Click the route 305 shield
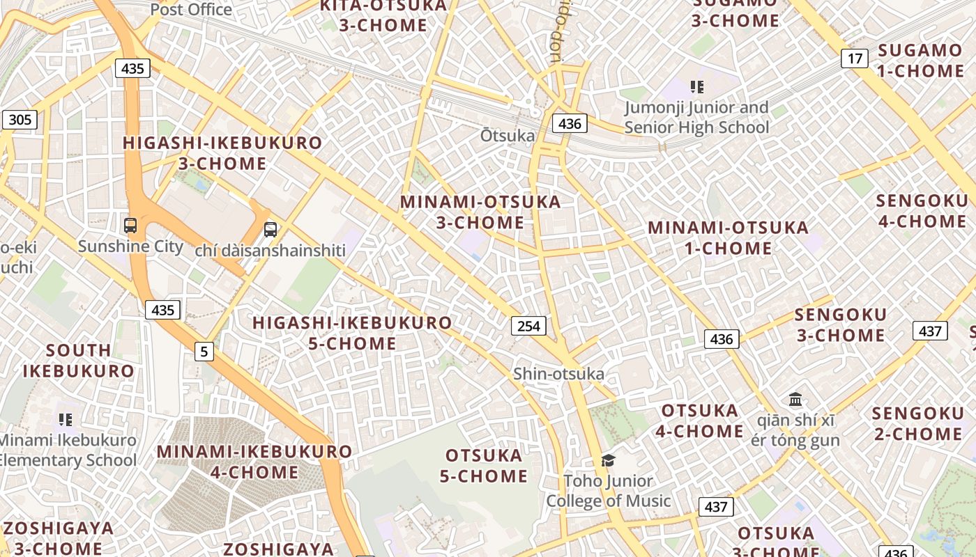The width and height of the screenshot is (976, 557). [x=20, y=120]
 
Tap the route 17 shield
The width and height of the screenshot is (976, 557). [x=854, y=58]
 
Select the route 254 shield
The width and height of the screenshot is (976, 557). [x=528, y=326]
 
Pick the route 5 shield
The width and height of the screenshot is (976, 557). [x=204, y=352]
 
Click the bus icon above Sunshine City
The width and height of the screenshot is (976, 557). [x=130, y=226]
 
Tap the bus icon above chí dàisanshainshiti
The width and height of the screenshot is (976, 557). [x=270, y=229]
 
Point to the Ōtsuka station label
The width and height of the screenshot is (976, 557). [x=507, y=136]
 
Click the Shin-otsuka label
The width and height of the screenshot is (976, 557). [x=558, y=374]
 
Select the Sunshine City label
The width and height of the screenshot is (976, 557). [x=130, y=246]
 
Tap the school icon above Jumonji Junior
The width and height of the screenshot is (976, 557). [x=696, y=87]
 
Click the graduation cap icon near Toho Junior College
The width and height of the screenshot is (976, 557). [x=608, y=460]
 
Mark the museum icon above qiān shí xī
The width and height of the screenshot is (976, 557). [x=795, y=400]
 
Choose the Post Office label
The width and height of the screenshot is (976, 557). [x=191, y=10]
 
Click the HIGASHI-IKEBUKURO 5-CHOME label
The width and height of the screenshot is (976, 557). [x=352, y=333]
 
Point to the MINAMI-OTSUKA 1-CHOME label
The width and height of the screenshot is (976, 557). [x=728, y=237]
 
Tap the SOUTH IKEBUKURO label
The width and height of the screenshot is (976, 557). [x=78, y=360]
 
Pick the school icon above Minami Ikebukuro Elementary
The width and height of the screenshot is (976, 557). [x=66, y=419]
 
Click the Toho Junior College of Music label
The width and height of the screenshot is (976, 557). [x=608, y=491]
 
